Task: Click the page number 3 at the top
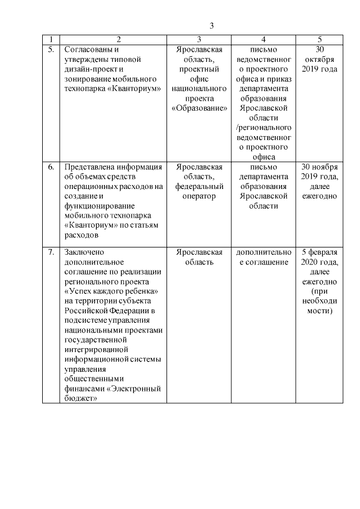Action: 212,26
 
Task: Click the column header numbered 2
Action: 119,40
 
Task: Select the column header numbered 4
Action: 264,40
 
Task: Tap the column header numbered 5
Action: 319,40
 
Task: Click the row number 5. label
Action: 51,49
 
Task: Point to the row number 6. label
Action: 51,167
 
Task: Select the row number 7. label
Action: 51,252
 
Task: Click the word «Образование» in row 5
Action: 199,108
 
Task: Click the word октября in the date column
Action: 319,59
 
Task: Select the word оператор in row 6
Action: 199,196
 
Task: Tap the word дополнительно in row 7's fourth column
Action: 264,252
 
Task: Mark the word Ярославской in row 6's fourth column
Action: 264,196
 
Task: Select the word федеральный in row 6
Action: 199,187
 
